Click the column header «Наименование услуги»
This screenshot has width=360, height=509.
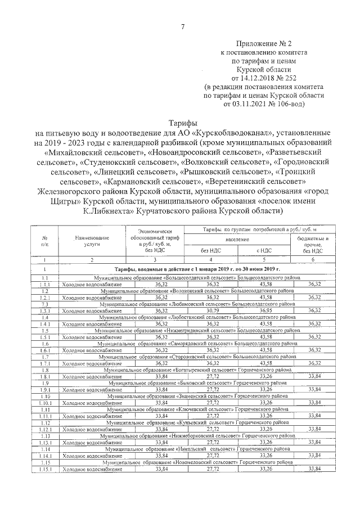[93, 242]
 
